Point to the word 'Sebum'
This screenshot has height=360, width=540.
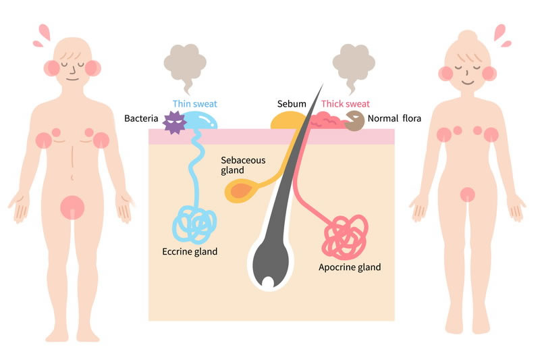pos(292,104)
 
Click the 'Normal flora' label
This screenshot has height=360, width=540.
pos(394,119)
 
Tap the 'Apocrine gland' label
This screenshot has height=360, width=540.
pos(350,267)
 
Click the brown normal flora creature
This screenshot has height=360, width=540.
pos(354,122)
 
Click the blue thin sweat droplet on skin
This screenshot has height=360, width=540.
pos(202,121)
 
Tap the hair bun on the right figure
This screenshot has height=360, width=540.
pos(468,36)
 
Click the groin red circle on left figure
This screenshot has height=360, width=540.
pos(72,207)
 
